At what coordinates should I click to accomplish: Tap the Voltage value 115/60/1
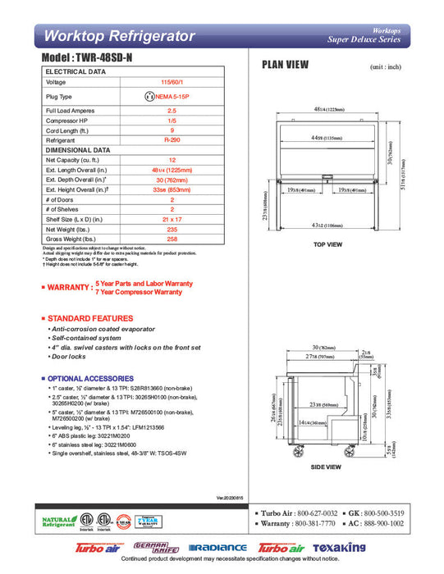pos(172,82)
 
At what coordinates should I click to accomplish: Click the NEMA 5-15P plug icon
pos(149,96)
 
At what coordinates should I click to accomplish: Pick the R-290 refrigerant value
pos(172,140)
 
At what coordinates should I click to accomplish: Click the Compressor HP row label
pos(67,121)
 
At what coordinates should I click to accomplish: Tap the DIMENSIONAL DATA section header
pos(78,150)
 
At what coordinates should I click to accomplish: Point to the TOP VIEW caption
pos(327,244)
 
